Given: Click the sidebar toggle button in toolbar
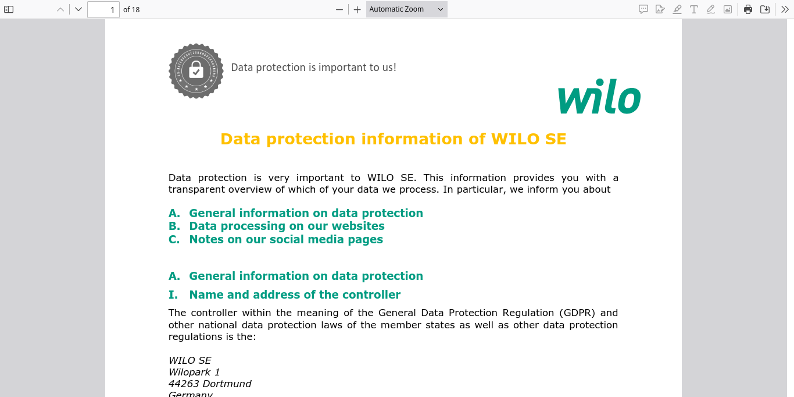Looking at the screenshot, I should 9,9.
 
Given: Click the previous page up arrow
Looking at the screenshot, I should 60,9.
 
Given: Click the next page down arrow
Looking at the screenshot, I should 78,9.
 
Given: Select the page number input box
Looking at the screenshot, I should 103,9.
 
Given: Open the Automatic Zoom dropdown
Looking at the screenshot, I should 406,9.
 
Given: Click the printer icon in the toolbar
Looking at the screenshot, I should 748,9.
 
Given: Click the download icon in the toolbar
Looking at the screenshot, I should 765,9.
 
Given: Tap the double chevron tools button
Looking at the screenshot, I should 784,9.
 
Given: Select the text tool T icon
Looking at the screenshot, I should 693,9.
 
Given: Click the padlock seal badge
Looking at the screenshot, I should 196,71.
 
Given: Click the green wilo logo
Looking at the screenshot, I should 599,100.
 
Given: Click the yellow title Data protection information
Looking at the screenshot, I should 393,139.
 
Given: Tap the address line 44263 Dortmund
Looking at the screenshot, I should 210,384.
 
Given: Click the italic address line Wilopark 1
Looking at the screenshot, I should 194,372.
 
